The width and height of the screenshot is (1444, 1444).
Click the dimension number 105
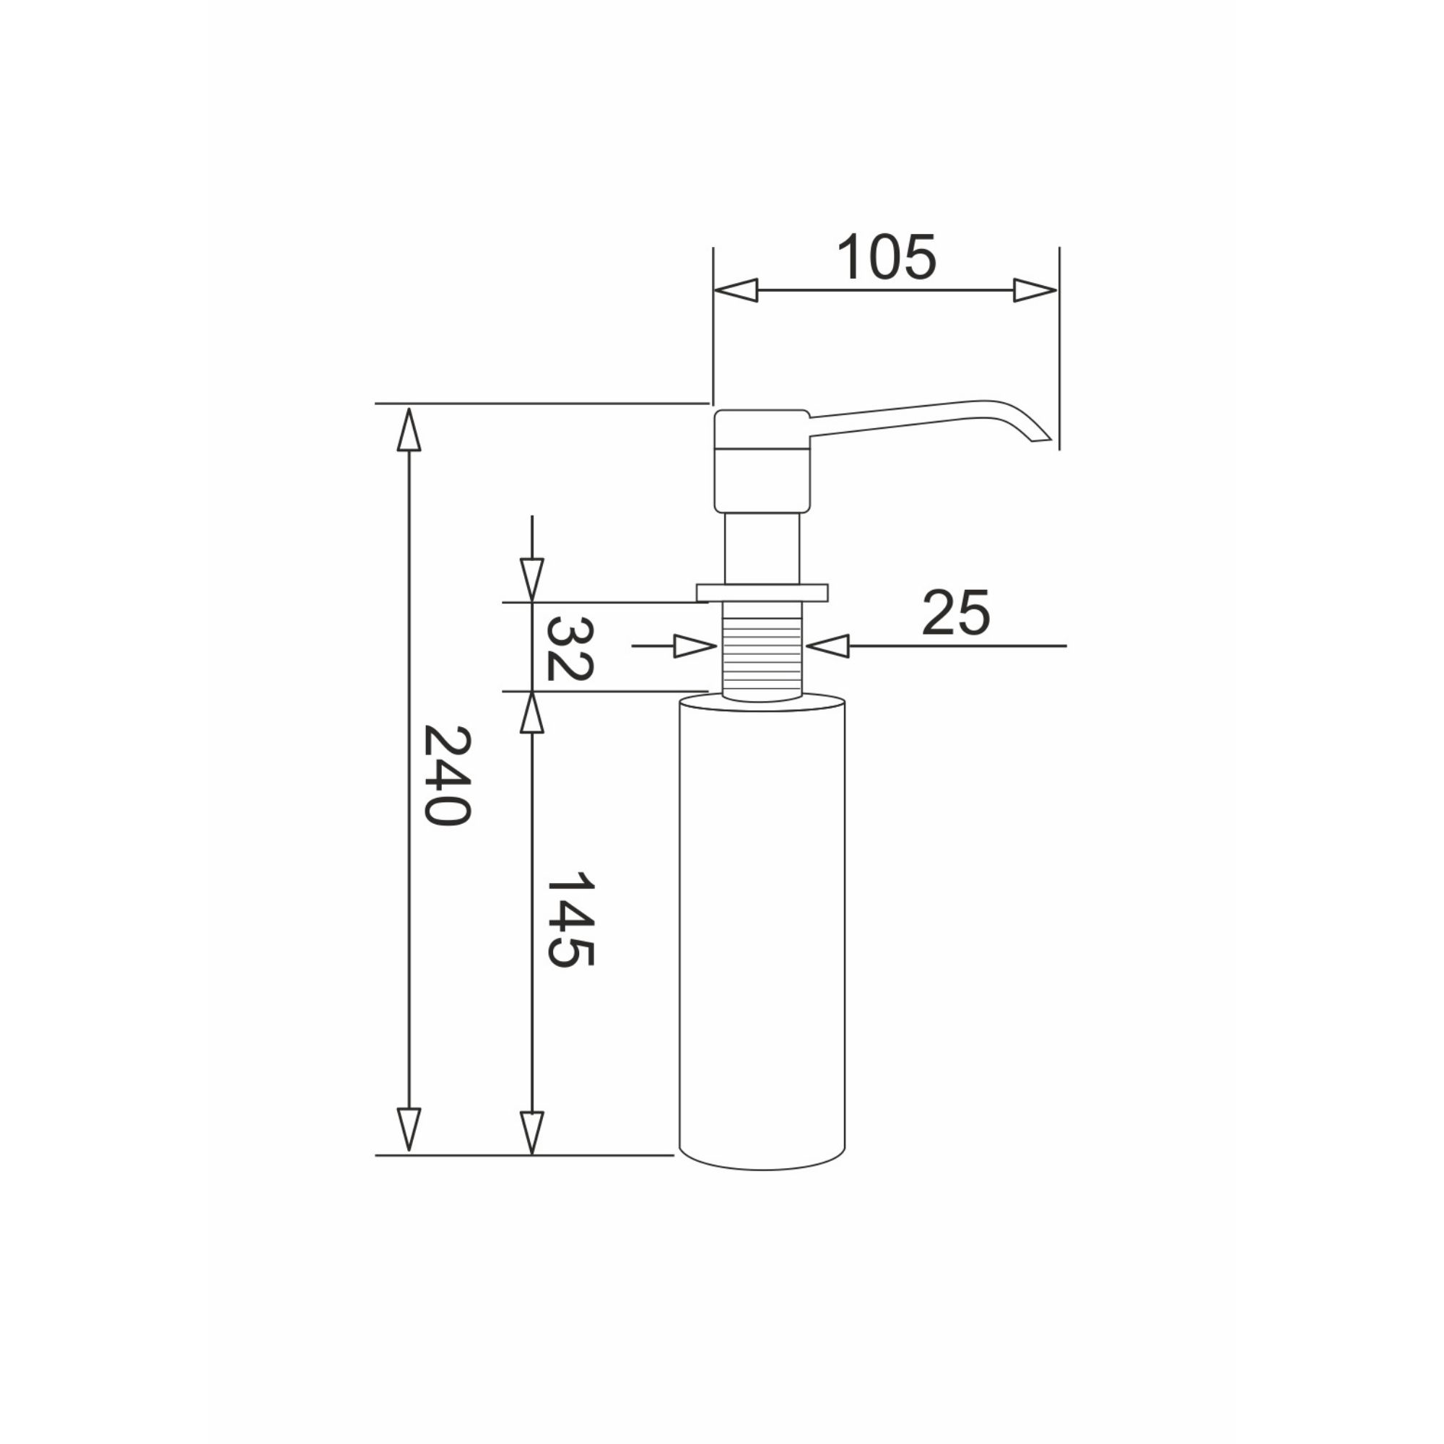[886, 257]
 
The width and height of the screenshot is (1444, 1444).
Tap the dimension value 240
[447, 775]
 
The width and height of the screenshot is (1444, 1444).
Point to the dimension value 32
[570, 649]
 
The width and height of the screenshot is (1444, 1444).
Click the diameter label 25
[956, 613]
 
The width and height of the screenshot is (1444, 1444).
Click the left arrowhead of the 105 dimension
[736, 290]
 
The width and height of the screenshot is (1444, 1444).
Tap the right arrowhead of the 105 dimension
[1035, 290]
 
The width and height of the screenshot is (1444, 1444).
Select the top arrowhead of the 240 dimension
[409, 429]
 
